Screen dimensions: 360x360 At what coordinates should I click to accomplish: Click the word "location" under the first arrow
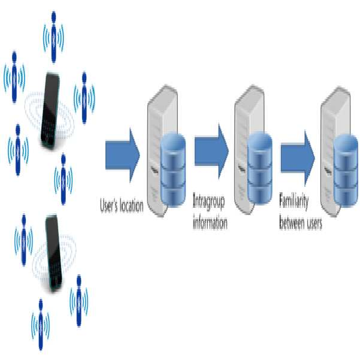point(131,205)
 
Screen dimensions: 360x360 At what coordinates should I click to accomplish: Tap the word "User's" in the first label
point(108,205)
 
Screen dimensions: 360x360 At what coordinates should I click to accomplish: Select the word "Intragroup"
point(208,202)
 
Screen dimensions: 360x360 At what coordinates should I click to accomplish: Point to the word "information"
point(210,222)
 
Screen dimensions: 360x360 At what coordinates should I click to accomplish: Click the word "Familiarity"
point(294,202)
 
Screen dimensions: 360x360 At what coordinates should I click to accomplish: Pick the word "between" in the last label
point(291,222)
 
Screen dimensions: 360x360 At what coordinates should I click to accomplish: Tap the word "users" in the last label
point(314,223)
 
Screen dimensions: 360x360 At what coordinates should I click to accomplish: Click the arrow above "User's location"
point(122,155)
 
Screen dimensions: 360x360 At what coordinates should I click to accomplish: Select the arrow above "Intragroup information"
point(211,152)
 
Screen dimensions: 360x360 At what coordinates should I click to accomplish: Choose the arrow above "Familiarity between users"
point(298,158)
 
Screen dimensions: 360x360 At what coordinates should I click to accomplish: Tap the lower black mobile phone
point(53,253)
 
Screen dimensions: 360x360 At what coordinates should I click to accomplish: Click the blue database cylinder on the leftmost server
point(173,170)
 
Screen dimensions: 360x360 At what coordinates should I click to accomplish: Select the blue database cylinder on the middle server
point(260,168)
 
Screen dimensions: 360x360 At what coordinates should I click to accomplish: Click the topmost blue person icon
point(53,37)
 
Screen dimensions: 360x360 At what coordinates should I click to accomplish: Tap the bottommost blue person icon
point(41,324)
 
